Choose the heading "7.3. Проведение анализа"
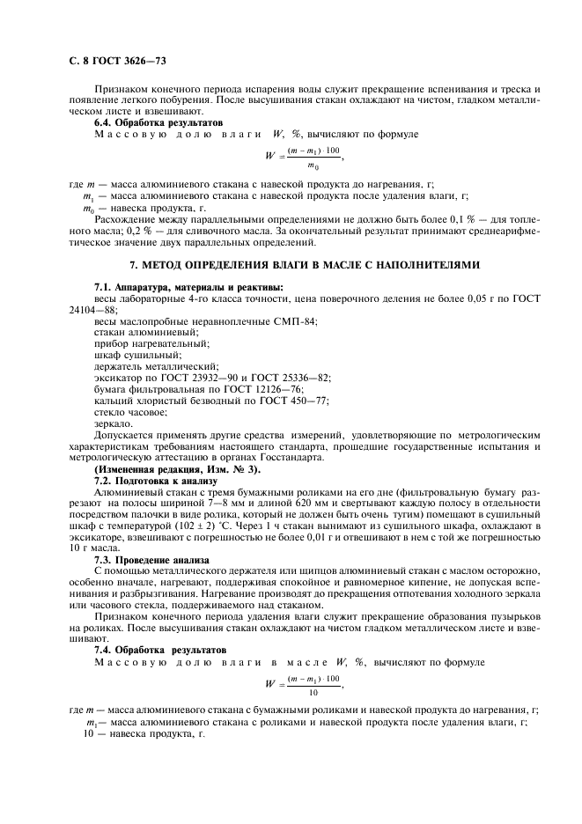click(151, 559)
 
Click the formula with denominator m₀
click(304, 158)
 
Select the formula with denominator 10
click(304, 685)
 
